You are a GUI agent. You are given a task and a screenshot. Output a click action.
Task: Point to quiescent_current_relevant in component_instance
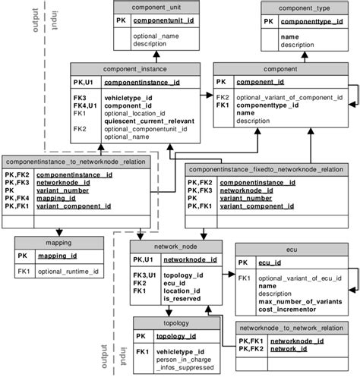coord(149,121)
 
